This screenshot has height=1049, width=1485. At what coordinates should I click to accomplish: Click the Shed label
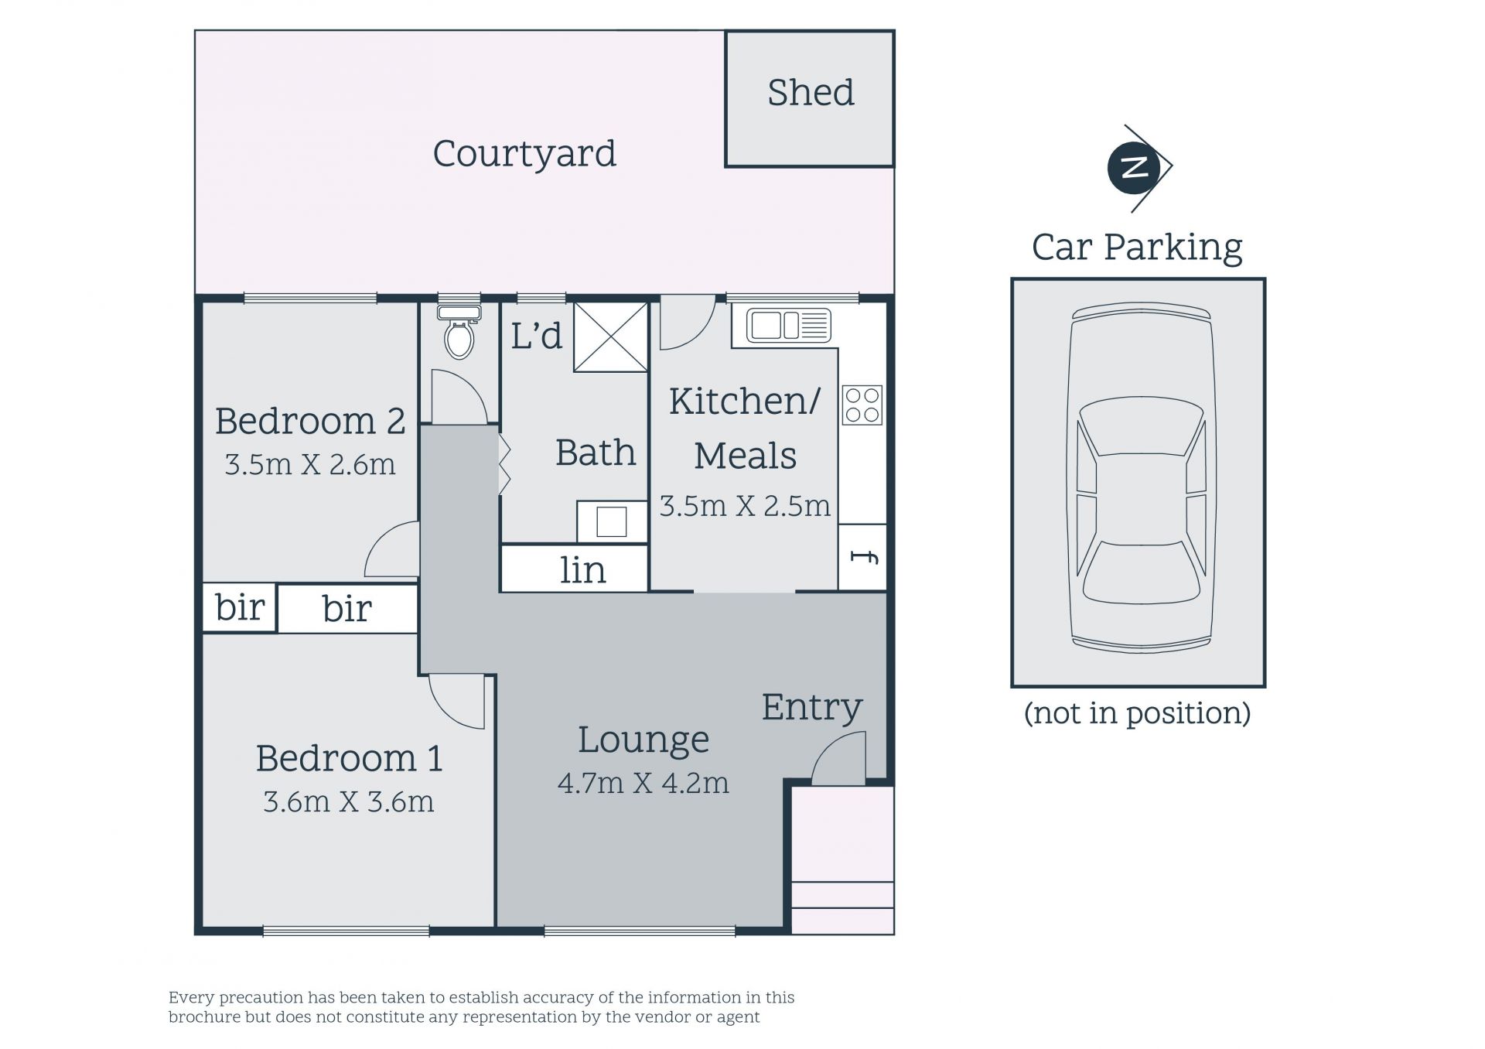811,92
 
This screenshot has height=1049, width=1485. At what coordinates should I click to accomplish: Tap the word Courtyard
524,154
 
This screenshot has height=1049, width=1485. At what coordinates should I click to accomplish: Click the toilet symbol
459,332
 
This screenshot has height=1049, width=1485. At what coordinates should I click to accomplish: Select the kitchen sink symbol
788,325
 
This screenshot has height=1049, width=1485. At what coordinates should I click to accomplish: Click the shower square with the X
610,337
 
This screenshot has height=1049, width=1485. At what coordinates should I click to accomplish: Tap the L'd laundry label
536,336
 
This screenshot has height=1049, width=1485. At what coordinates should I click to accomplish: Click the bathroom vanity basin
611,521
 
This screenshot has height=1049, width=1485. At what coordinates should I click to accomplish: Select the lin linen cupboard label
582,570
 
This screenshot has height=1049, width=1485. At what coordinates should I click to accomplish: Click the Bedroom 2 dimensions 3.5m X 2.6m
309,464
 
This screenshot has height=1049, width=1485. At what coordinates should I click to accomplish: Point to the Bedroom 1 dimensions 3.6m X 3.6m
348,801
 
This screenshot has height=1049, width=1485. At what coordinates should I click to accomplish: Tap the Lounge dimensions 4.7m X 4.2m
643,783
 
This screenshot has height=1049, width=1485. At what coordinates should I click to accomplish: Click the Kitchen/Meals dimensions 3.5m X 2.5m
745,505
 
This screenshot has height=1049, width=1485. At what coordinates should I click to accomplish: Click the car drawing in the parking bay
1140,478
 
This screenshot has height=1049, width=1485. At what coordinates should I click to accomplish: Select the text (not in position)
1137,712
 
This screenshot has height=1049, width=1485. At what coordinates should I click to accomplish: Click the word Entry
811,707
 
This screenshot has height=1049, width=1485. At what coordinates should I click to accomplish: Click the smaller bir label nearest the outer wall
240,607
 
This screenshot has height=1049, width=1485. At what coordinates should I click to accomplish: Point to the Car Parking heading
1137,248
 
